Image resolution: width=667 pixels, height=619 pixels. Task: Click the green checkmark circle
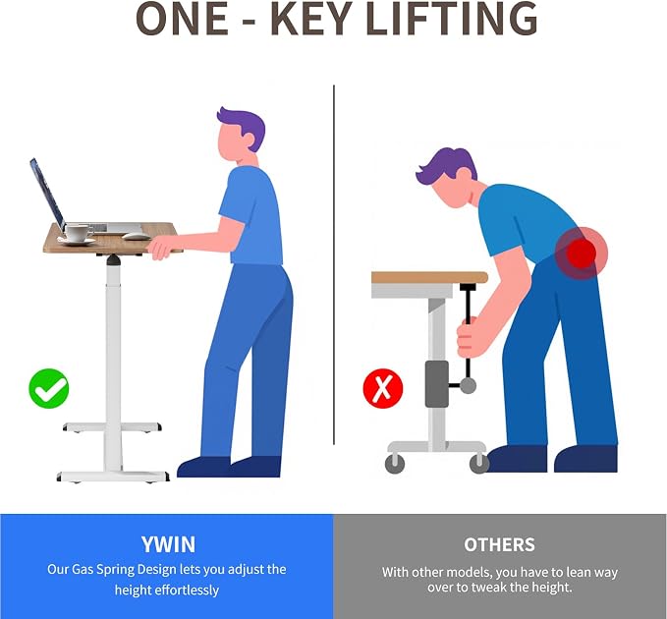coord(49,388)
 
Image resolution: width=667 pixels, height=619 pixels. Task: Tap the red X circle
coord(383,388)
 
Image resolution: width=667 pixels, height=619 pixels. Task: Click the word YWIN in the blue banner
coord(168,544)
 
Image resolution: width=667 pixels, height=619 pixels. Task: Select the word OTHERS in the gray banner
coord(499,544)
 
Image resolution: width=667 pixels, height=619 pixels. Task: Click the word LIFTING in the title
coord(452,19)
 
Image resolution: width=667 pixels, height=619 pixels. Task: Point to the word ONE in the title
coord(182,19)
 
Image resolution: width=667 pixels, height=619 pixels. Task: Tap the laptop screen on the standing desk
coord(47,194)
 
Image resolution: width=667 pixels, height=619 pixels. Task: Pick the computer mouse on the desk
coord(137,236)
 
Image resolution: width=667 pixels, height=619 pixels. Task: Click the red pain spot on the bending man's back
coord(582,253)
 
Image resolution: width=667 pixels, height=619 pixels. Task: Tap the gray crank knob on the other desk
coord(468,385)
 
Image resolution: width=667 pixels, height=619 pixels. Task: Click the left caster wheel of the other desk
coord(395,464)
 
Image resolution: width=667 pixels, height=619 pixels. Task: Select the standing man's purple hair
coord(244,127)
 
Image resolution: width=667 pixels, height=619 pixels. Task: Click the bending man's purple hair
coord(447,166)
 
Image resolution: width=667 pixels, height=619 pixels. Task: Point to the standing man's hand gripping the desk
coord(160,248)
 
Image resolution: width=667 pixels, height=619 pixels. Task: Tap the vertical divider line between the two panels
coord(334,264)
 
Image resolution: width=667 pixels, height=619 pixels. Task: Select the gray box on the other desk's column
coord(437,384)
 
